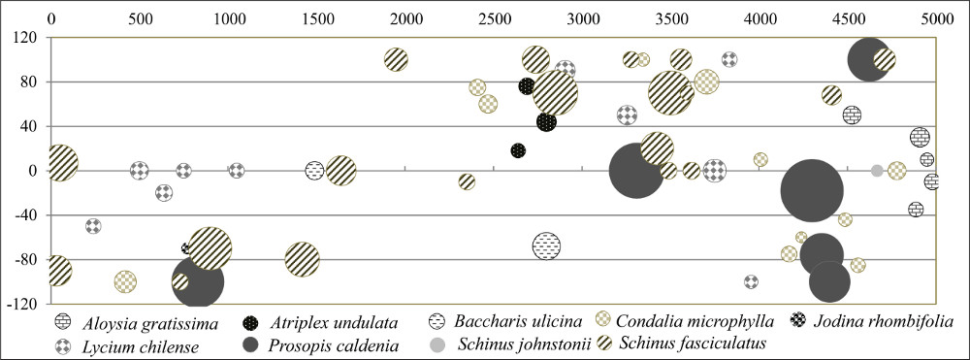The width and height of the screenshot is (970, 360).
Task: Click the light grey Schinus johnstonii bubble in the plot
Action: point(877,171)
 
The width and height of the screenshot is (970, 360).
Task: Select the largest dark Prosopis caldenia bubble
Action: point(812,190)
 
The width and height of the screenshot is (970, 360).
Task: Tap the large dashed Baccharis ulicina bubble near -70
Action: point(546,246)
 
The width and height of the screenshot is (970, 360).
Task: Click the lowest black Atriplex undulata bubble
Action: point(518,150)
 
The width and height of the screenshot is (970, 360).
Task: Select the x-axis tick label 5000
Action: point(936,18)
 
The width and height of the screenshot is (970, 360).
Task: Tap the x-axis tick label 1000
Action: point(229,18)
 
